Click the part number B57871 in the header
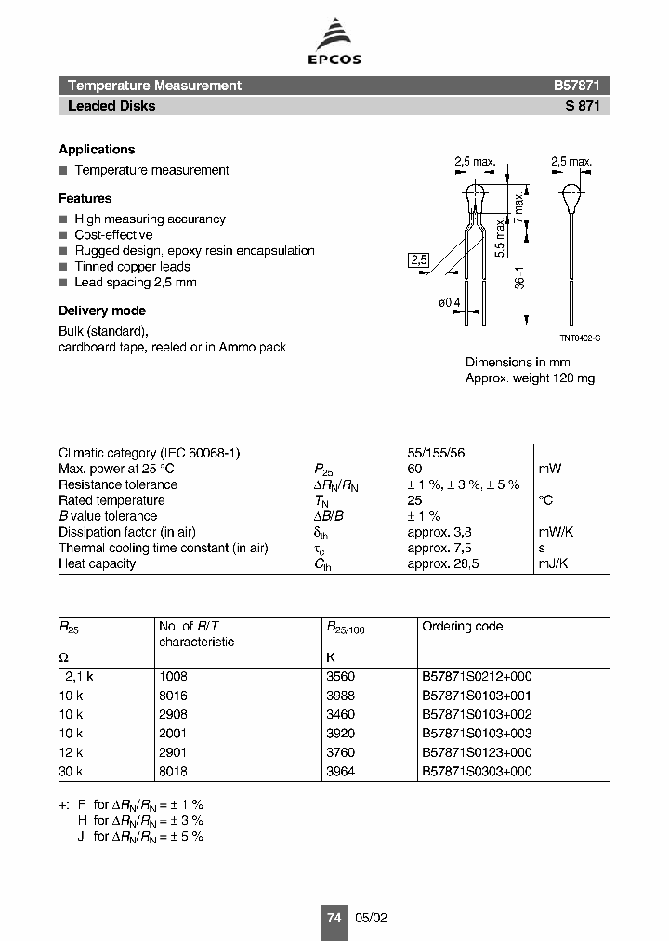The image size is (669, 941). click(x=577, y=86)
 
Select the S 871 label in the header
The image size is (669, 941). click(x=583, y=106)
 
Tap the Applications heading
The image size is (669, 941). click(x=97, y=150)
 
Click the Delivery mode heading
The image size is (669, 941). click(x=102, y=311)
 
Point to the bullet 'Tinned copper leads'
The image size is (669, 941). click(x=132, y=267)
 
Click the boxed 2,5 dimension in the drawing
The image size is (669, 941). click(x=418, y=260)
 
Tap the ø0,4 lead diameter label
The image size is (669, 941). click(x=449, y=303)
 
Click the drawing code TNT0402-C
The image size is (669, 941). click(x=580, y=340)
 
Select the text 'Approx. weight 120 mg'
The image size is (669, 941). click(x=530, y=378)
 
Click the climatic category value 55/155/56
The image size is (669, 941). click(x=436, y=453)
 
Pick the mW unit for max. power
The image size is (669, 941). click(x=550, y=469)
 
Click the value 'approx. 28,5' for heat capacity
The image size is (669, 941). click(x=442, y=563)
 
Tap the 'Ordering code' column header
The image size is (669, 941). click(x=462, y=627)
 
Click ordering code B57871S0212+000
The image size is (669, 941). click(x=477, y=677)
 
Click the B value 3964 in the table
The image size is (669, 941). click(x=341, y=772)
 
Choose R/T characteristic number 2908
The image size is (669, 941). click(x=173, y=715)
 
